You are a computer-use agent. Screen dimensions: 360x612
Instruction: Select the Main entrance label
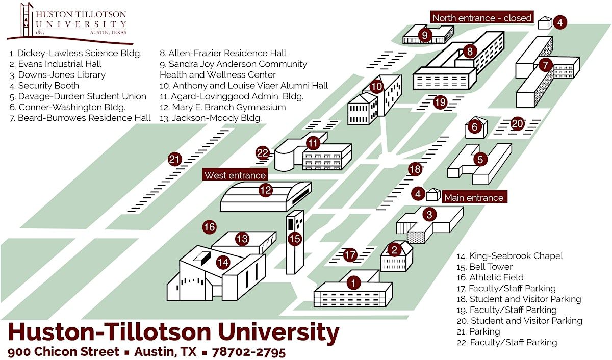point(473,198)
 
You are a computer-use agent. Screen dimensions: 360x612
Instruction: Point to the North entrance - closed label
point(481,18)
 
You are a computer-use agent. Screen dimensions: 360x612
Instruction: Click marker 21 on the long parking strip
point(175,160)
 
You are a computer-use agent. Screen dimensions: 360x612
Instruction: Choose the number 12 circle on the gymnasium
point(265,191)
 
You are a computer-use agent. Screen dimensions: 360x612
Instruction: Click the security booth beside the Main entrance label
point(433,194)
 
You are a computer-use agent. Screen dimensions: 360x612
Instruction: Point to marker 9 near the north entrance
point(424,35)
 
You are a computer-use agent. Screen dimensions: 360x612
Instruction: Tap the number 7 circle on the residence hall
point(546,65)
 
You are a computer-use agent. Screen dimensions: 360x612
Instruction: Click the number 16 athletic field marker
point(210,227)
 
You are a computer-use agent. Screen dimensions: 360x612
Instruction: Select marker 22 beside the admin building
point(263,152)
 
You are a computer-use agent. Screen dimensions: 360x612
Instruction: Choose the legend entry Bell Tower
point(491,267)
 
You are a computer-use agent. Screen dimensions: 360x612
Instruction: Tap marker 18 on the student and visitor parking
point(415,169)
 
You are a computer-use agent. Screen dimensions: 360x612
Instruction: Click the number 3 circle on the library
point(429,215)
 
